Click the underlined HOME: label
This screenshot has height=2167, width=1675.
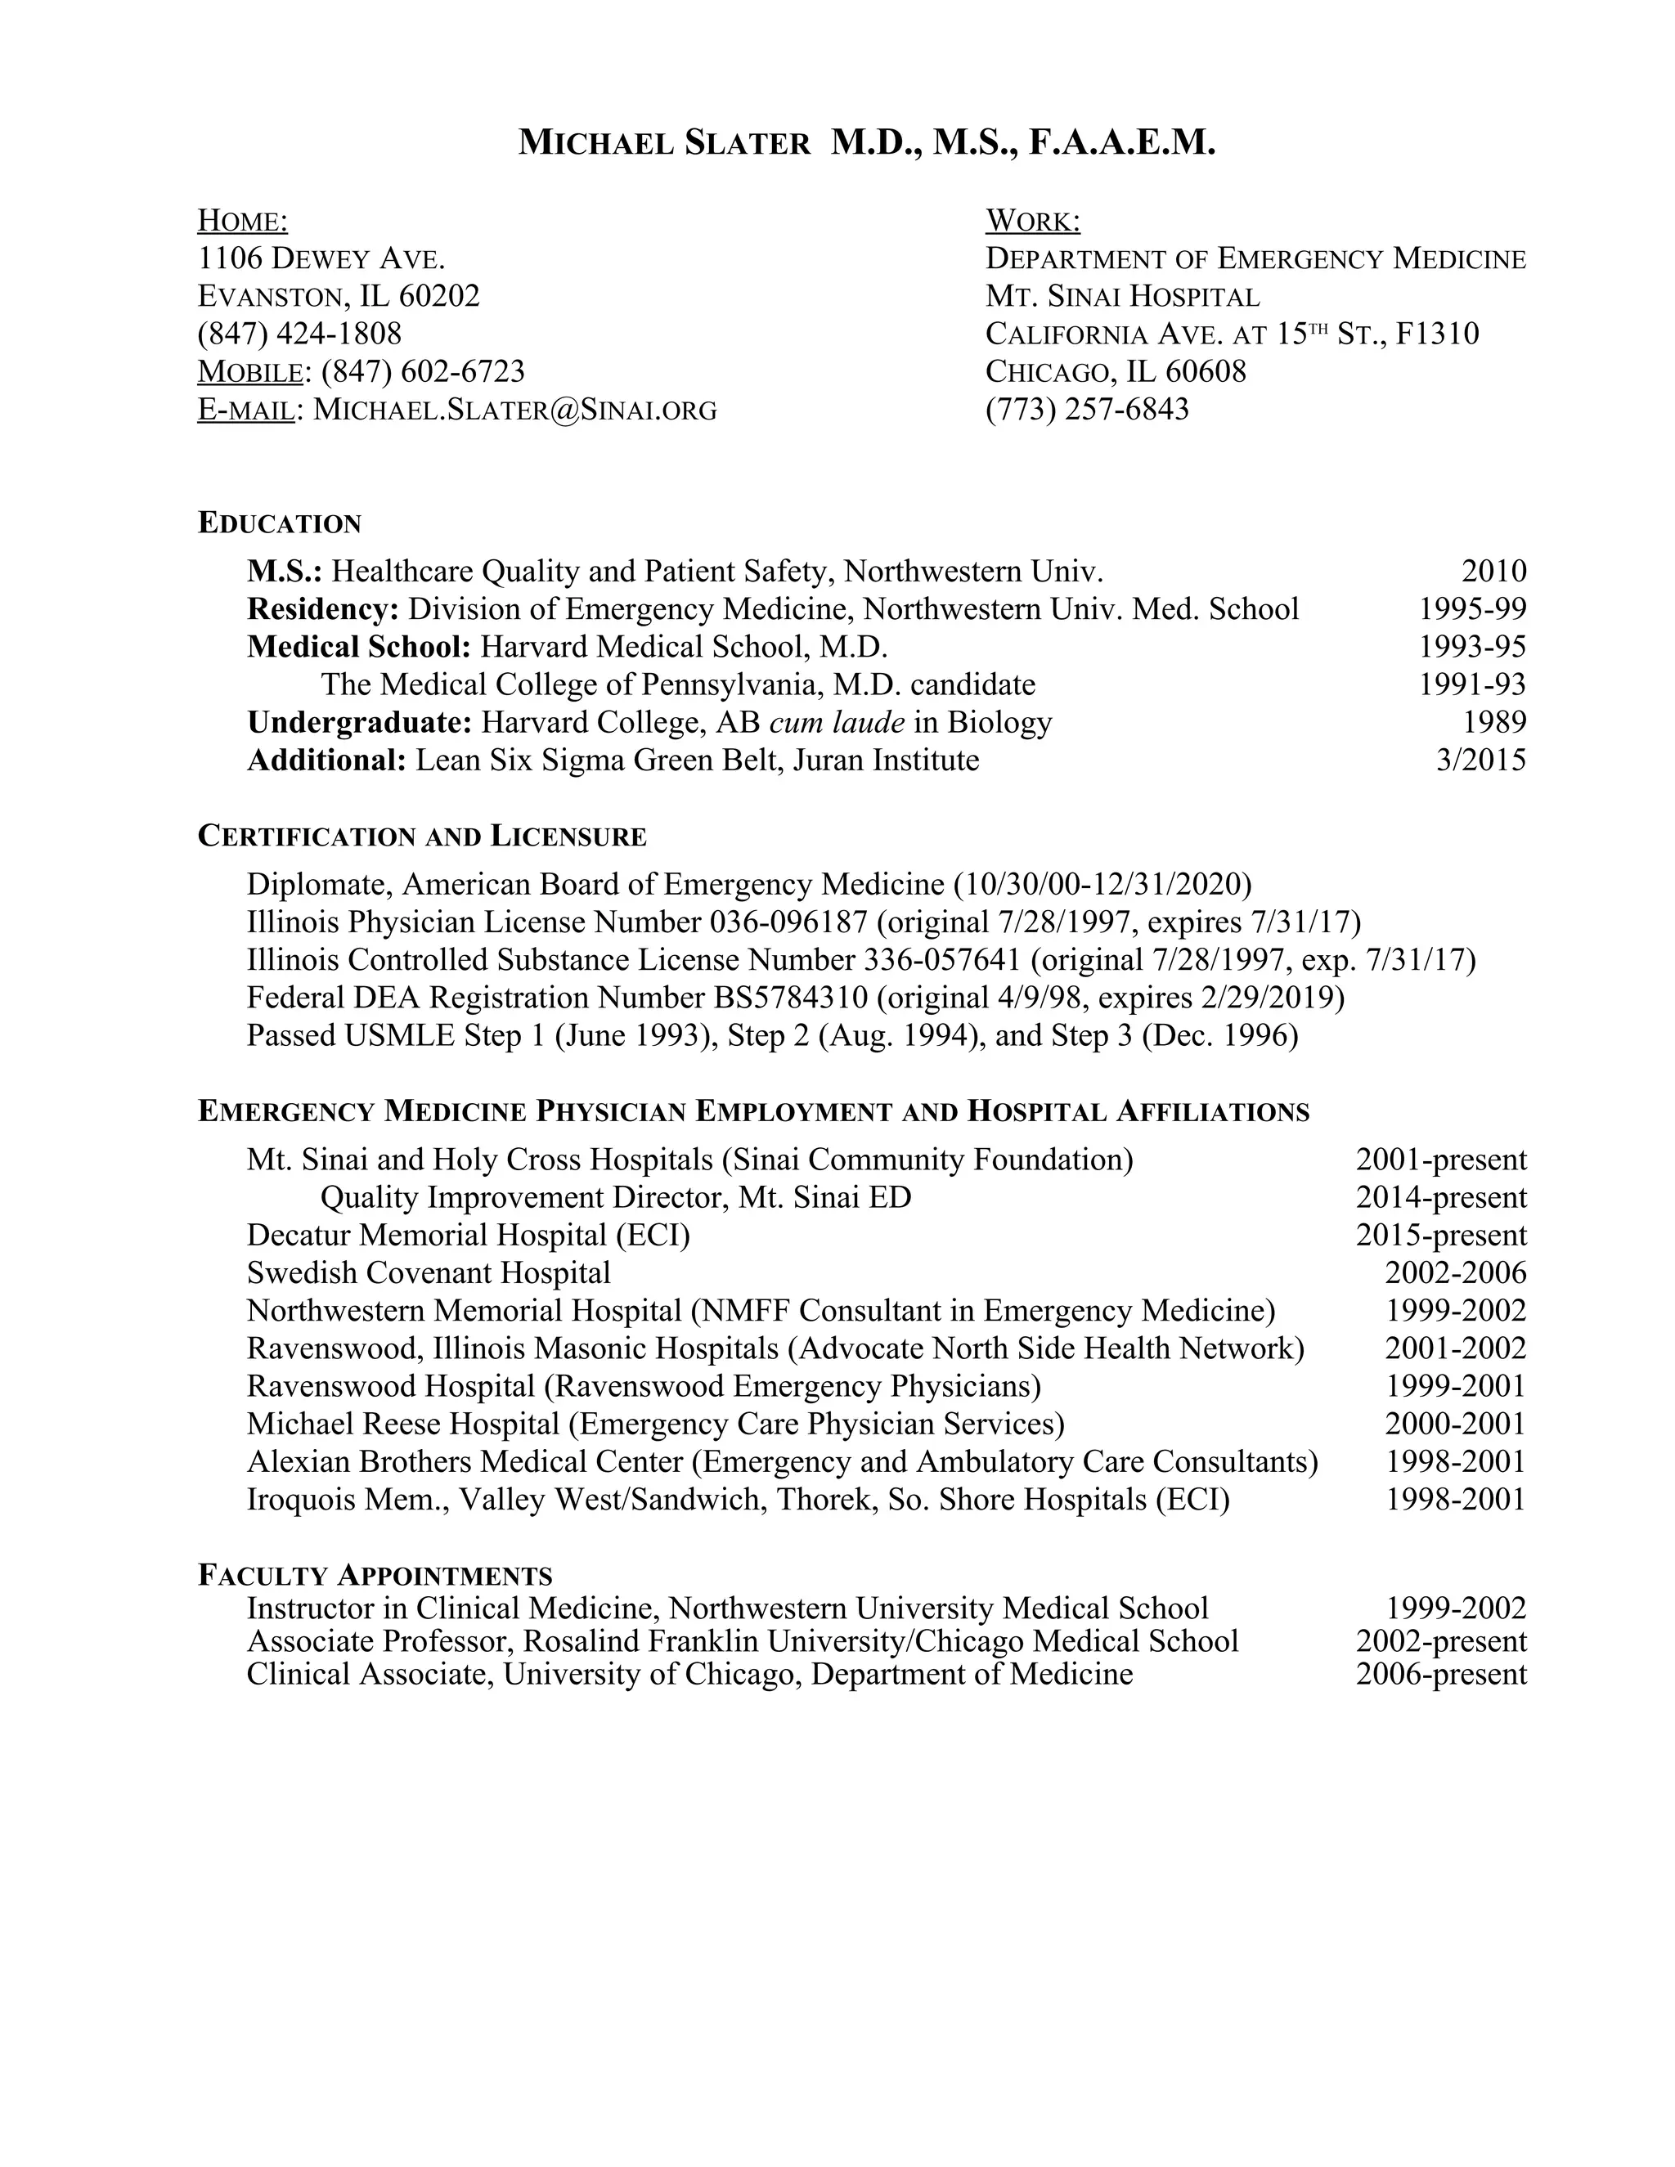coord(243,220)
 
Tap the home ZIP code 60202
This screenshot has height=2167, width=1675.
coord(439,296)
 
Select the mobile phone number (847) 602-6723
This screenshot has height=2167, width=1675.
coord(423,371)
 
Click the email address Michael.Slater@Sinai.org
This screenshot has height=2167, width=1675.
coord(515,409)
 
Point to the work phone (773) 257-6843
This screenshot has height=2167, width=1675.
coord(1087,409)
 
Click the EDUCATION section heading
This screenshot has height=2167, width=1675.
coord(280,523)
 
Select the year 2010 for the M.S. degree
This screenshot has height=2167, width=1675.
coord(1493,572)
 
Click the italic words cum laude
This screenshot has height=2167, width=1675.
coord(837,722)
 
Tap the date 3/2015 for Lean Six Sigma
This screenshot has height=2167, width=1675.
coord(1480,760)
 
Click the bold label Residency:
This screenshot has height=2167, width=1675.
coord(324,609)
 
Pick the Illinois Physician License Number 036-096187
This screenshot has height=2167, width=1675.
coord(788,922)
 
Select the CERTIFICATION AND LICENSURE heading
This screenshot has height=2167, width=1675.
coord(422,837)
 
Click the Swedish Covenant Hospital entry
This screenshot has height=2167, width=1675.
coord(429,1273)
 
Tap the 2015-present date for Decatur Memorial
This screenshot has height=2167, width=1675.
coord(1441,1236)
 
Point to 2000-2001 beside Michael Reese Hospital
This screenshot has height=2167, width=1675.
coord(1455,1424)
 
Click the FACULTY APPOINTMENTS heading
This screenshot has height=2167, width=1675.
coord(375,1576)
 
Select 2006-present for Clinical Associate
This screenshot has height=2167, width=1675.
coord(1441,1675)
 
